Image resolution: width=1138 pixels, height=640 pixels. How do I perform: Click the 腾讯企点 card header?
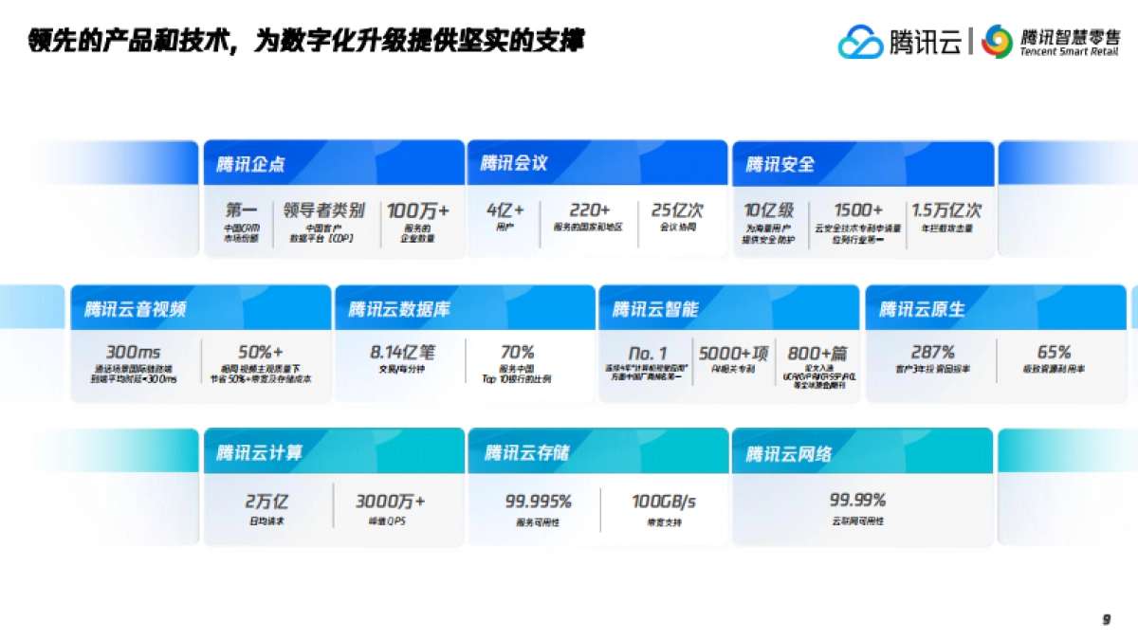250,164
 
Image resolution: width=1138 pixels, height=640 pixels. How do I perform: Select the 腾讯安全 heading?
780,164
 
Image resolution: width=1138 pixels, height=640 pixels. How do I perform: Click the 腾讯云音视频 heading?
135,309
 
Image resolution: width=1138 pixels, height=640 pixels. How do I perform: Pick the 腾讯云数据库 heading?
399,309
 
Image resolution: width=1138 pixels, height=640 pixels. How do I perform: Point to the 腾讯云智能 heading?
655,309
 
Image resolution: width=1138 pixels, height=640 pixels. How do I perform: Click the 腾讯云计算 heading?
259,453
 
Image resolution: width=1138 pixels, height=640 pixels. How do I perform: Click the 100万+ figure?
418,210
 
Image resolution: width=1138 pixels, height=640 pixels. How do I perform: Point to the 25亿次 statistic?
677,210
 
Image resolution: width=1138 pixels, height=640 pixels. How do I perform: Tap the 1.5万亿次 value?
946,210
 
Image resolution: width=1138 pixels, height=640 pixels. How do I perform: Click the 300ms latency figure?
134,353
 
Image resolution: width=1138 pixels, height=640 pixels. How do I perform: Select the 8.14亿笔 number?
402,353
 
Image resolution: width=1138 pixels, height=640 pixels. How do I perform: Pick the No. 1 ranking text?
649,354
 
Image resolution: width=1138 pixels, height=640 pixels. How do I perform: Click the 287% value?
932,353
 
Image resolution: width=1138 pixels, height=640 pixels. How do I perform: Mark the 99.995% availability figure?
538,501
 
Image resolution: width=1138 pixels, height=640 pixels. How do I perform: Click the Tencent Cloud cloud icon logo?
860,42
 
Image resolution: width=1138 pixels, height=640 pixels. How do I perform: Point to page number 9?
1106,619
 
